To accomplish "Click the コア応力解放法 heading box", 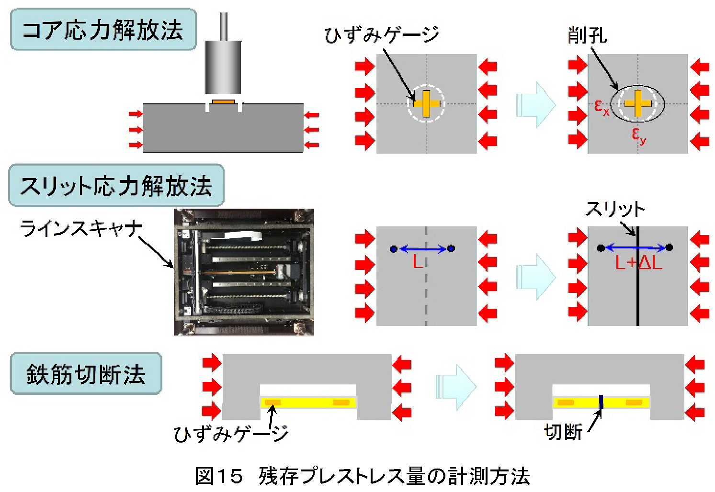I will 103,30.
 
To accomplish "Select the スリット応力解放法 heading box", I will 116,186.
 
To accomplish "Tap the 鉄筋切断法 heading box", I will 86,374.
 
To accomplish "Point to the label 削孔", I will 587,35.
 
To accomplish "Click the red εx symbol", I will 602,107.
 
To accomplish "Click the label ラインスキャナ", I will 81,229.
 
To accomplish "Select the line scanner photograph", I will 243,272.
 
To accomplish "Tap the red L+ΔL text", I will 638,263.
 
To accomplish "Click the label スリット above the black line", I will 615,209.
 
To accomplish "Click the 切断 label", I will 563,432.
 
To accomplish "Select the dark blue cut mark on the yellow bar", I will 601,402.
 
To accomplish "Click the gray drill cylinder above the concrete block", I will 223,67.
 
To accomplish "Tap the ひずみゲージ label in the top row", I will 381,35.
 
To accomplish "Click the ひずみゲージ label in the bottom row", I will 231,434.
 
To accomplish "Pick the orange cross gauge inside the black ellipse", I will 637,103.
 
